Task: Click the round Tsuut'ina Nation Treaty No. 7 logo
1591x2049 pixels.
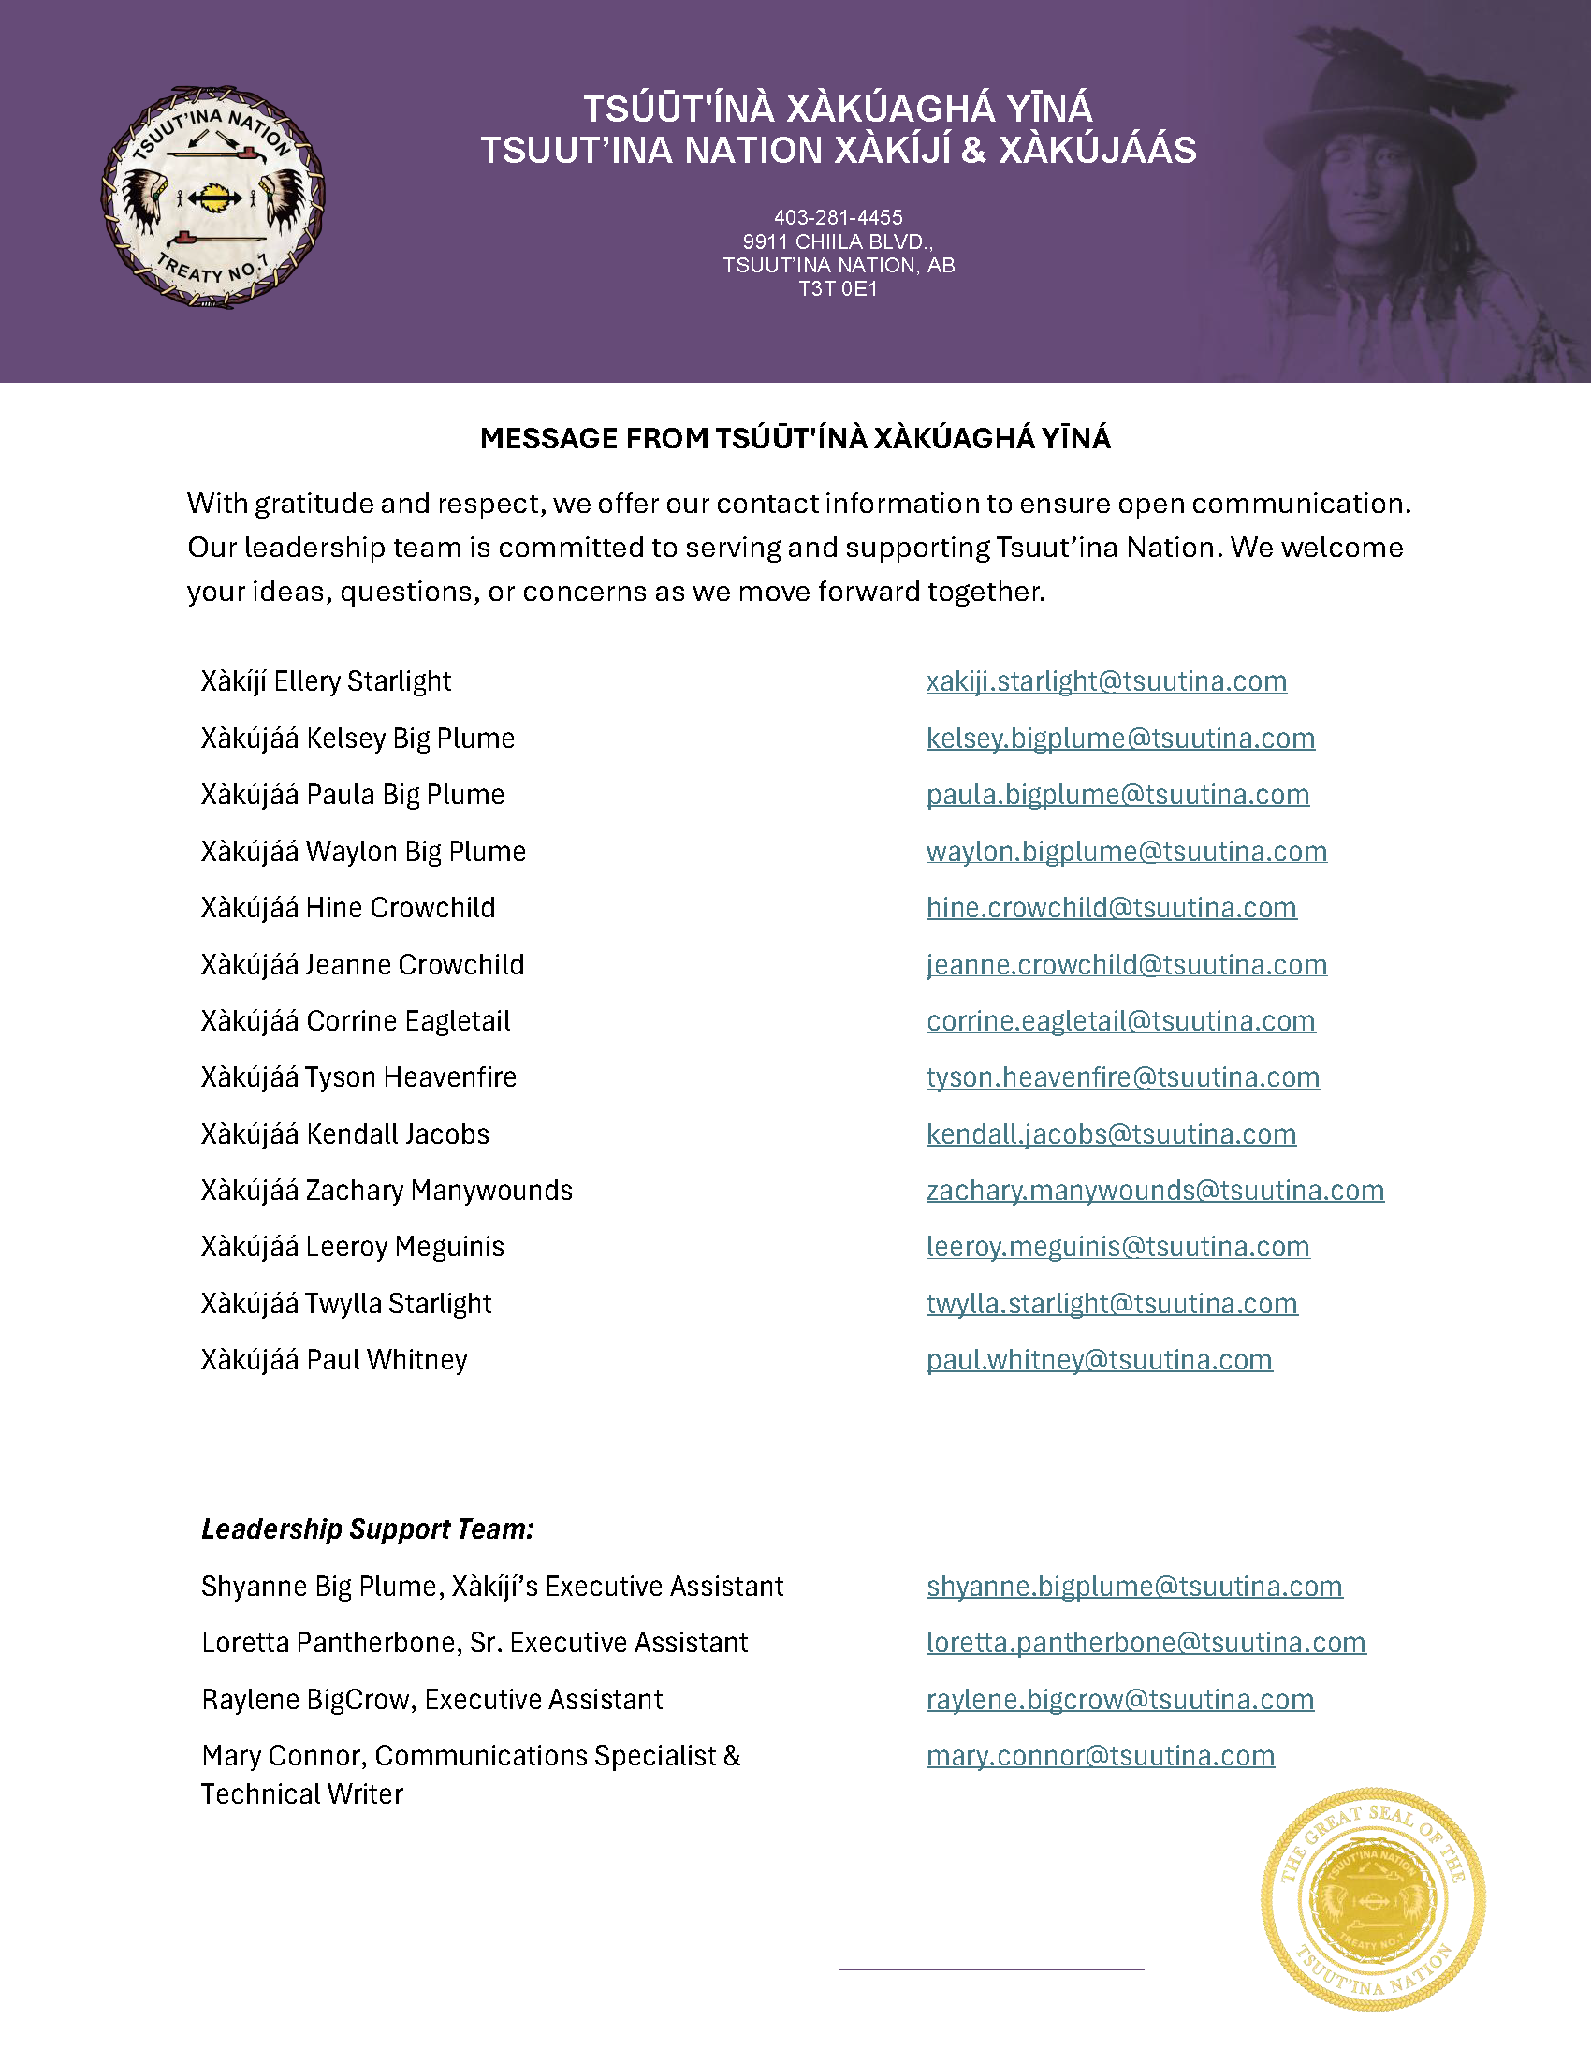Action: (213, 197)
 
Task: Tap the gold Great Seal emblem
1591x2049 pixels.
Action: (1372, 1900)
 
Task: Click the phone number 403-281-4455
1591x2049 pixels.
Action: (838, 218)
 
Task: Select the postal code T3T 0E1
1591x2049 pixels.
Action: (838, 289)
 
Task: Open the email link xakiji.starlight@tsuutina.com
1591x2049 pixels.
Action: (1106, 681)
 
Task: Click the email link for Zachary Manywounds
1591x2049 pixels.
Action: (1155, 1191)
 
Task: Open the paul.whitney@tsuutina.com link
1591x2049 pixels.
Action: (1100, 1360)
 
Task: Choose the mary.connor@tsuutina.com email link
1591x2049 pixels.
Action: (1101, 1756)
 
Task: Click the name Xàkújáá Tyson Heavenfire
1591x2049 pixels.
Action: (358, 1077)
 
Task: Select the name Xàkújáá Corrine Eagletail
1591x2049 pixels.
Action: (356, 1020)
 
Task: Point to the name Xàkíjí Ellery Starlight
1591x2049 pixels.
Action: (326, 681)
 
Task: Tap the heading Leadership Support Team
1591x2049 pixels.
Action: (368, 1529)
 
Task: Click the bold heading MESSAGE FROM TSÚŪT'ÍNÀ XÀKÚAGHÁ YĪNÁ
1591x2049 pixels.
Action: (795, 438)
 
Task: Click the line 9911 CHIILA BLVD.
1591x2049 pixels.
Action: (838, 242)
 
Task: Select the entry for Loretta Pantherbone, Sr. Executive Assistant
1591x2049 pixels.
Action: (474, 1643)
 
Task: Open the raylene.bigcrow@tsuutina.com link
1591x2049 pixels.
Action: (1120, 1700)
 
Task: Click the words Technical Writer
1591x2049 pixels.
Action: (302, 1794)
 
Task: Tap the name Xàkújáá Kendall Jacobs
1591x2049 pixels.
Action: (345, 1134)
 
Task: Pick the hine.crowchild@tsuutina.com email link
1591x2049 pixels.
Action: (1112, 908)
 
